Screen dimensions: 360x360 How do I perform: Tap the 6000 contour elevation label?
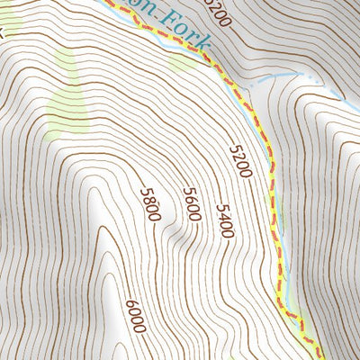pos(135,317)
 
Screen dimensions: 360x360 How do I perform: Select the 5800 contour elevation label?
pos(150,204)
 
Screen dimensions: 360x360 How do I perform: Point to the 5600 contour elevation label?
pos(191,205)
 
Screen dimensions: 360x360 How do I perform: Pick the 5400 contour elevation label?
pos(225,220)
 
